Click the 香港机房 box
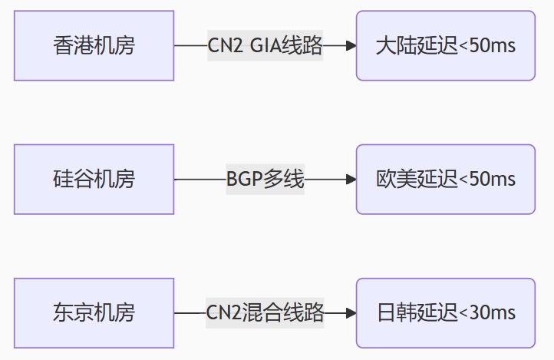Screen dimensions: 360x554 pyautogui.click(x=94, y=45)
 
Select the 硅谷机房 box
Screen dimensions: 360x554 pyautogui.click(x=94, y=179)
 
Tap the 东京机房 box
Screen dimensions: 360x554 pyautogui.click(x=94, y=312)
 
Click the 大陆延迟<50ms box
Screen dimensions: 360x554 pyautogui.click(x=445, y=45)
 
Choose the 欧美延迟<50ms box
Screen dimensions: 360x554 pyautogui.click(x=445, y=179)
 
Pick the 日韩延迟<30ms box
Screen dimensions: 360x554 pyautogui.click(x=445, y=312)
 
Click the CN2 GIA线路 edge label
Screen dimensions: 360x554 pyautogui.click(x=265, y=45)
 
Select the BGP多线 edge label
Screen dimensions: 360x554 pyautogui.click(x=265, y=180)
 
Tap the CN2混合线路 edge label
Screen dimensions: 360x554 pyautogui.click(x=265, y=313)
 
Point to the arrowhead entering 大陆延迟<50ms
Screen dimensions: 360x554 pyautogui.click(x=351, y=45)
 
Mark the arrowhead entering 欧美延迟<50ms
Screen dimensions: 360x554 pyautogui.click(x=351, y=180)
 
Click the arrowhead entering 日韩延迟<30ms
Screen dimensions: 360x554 pyautogui.click(x=351, y=313)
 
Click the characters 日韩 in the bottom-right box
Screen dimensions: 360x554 pyautogui.click(x=397, y=313)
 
